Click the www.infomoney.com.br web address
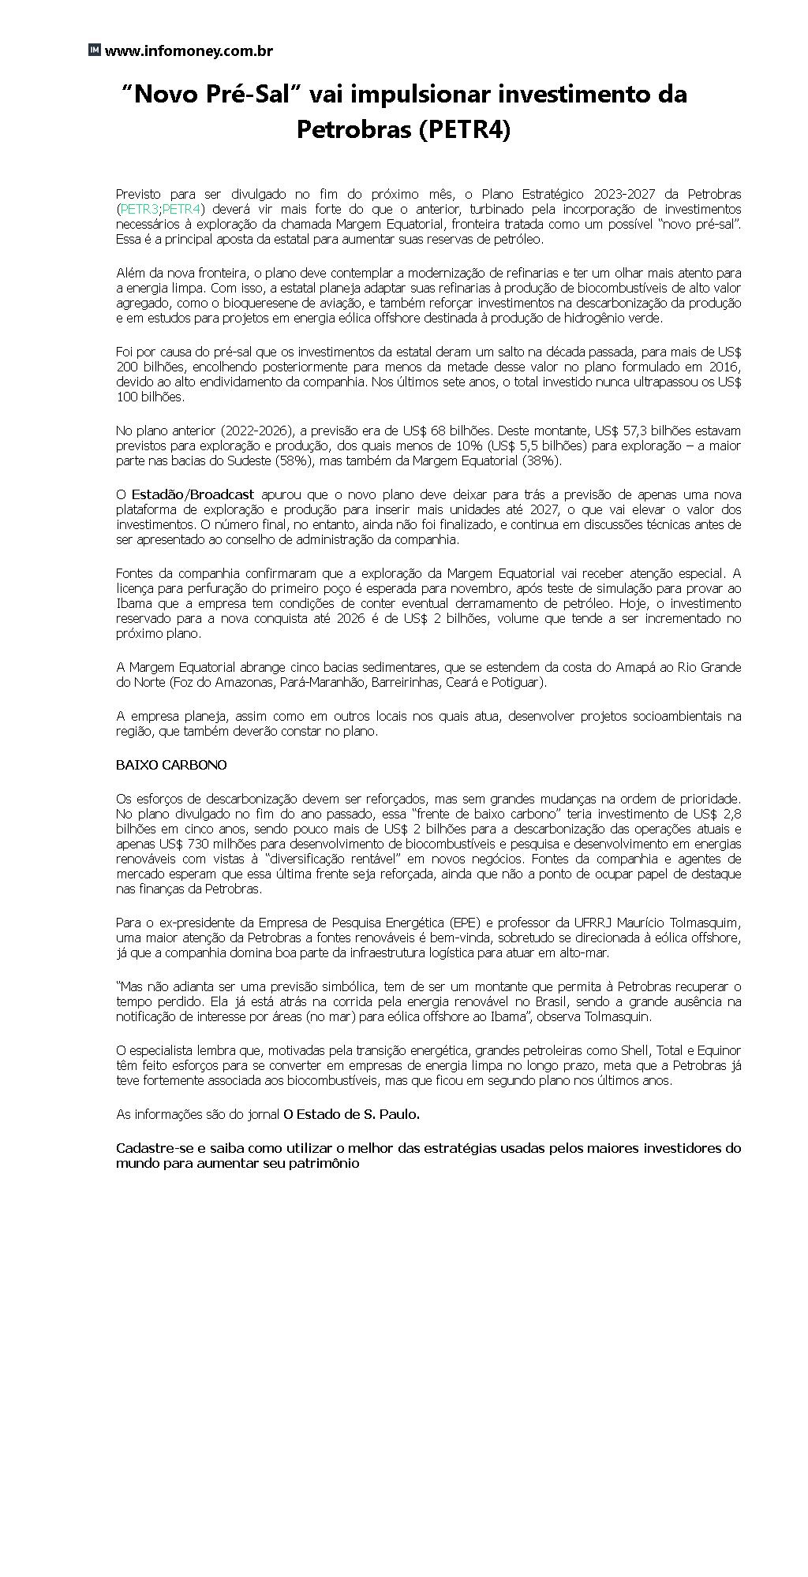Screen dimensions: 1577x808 189,51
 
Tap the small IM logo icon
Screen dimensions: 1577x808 94,50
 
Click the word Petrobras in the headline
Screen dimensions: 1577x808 352,129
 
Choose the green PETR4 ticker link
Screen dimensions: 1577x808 181,209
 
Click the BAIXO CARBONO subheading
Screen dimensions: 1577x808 171,765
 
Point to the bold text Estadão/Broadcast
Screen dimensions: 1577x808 193,494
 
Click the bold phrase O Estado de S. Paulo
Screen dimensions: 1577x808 351,1114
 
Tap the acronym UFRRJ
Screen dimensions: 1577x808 579,923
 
